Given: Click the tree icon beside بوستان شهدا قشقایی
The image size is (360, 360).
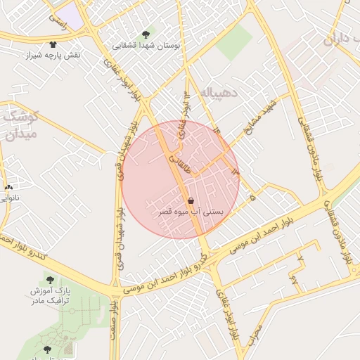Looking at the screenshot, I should coord(146,34).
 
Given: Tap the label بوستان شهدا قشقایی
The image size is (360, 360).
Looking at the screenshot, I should coord(146,45).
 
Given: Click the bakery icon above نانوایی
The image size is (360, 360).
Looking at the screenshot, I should coord(8,188).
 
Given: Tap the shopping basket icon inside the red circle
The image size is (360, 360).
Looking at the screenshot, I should coord(191,200).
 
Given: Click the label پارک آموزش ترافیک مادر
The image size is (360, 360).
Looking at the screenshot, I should coord(49,295).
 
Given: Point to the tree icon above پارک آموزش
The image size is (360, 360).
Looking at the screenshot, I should coord(49,279).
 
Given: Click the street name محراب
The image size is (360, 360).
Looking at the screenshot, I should coord(255,331).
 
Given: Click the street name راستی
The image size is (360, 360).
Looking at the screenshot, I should coord(58,22).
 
